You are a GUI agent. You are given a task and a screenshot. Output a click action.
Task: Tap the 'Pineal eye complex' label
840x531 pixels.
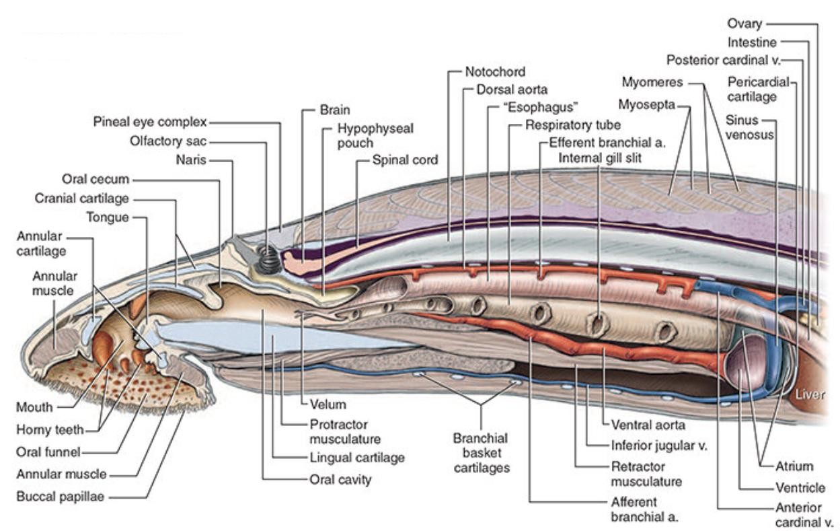click(x=149, y=122)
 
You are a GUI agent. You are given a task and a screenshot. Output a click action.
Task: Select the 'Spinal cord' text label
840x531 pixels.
click(x=405, y=160)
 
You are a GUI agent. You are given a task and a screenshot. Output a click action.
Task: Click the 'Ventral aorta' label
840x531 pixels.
click(x=648, y=425)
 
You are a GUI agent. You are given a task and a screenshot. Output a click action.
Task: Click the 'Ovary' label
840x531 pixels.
click(x=744, y=24)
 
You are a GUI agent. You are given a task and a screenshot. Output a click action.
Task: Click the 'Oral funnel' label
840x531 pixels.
click(x=47, y=452)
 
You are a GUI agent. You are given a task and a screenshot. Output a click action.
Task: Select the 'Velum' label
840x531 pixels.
click(x=328, y=404)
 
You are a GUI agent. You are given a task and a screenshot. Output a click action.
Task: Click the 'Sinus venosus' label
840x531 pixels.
click(x=749, y=127)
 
